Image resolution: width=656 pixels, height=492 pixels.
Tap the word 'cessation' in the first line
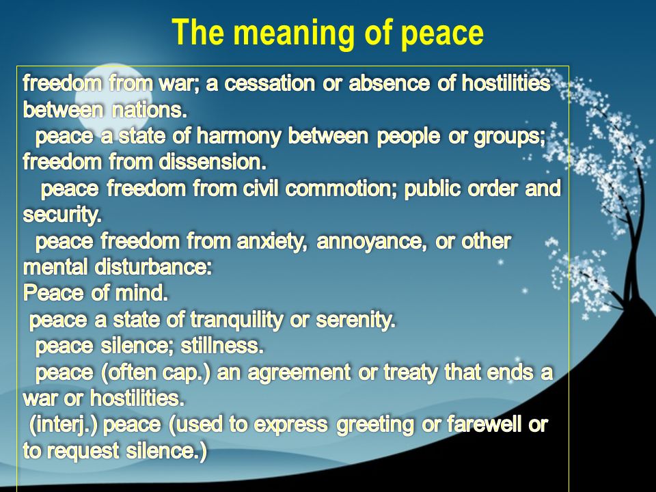pyautogui.click(x=269, y=83)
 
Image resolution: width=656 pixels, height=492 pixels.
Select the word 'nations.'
pyautogui.click(x=150, y=109)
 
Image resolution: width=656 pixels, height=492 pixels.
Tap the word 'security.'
pyautogui.click(x=62, y=215)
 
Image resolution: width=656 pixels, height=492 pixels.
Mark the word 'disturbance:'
pyautogui.click(x=154, y=267)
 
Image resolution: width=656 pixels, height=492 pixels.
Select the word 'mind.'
pyautogui.click(x=141, y=293)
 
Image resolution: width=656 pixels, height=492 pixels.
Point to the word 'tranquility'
pyautogui.click(x=237, y=320)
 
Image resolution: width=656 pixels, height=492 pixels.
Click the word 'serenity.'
pyautogui.click(x=355, y=320)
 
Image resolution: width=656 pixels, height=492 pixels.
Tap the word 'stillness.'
pyautogui.click(x=222, y=346)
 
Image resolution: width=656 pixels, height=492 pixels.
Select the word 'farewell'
pyautogui.click(x=484, y=424)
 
